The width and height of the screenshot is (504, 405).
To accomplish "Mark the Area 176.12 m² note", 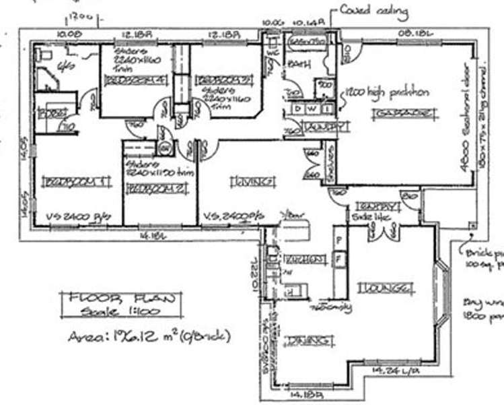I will pos(149,335).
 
